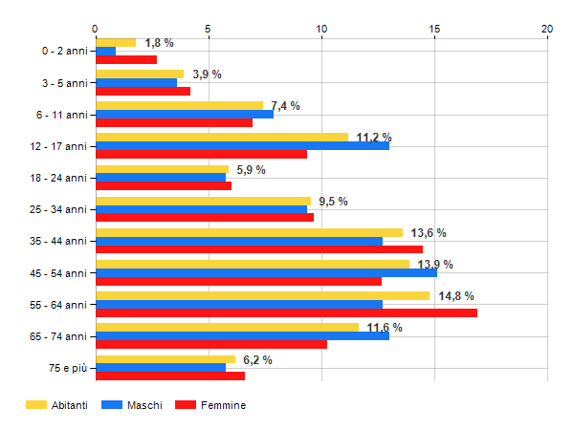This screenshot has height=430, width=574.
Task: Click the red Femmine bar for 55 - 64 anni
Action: (x=286, y=313)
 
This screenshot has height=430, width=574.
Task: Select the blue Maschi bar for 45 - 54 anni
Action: (x=266, y=272)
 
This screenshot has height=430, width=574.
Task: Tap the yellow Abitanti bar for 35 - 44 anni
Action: (x=249, y=232)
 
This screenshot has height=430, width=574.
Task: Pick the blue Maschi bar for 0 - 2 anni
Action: (x=105, y=51)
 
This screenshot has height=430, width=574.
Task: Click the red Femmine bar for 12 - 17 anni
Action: (x=201, y=154)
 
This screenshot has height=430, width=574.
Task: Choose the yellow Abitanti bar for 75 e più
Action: (x=165, y=359)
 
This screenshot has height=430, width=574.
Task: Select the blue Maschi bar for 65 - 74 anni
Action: (x=242, y=335)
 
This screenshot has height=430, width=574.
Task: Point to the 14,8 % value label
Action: (x=456, y=296)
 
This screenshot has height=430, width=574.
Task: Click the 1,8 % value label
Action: (x=159, y=43)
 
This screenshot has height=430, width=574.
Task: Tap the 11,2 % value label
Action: (x=374, y=138)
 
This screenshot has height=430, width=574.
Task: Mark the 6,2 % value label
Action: (x=257, y=359)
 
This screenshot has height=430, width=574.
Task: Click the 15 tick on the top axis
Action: (x=434, y=29)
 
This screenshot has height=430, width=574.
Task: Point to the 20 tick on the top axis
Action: (x=547, y=29)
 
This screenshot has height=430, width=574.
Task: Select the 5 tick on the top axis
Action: (x=208, y=29)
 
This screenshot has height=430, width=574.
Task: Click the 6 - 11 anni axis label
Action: (x=61, y=115)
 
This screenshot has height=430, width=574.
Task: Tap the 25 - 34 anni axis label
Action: (x=58, y=209)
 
